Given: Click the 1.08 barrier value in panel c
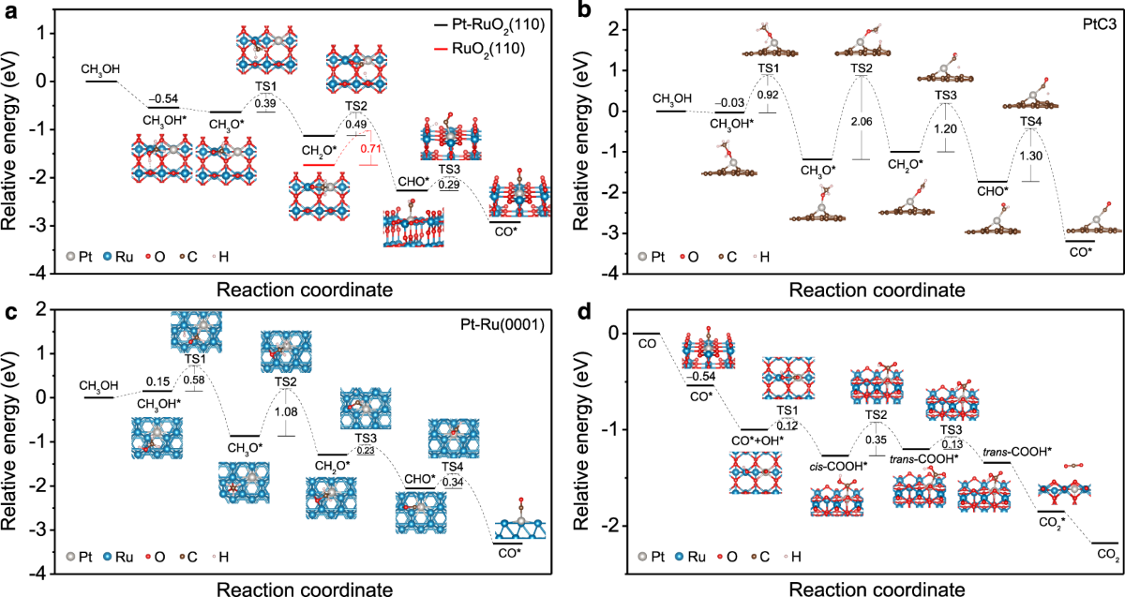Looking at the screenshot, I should (x=286, y=410).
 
